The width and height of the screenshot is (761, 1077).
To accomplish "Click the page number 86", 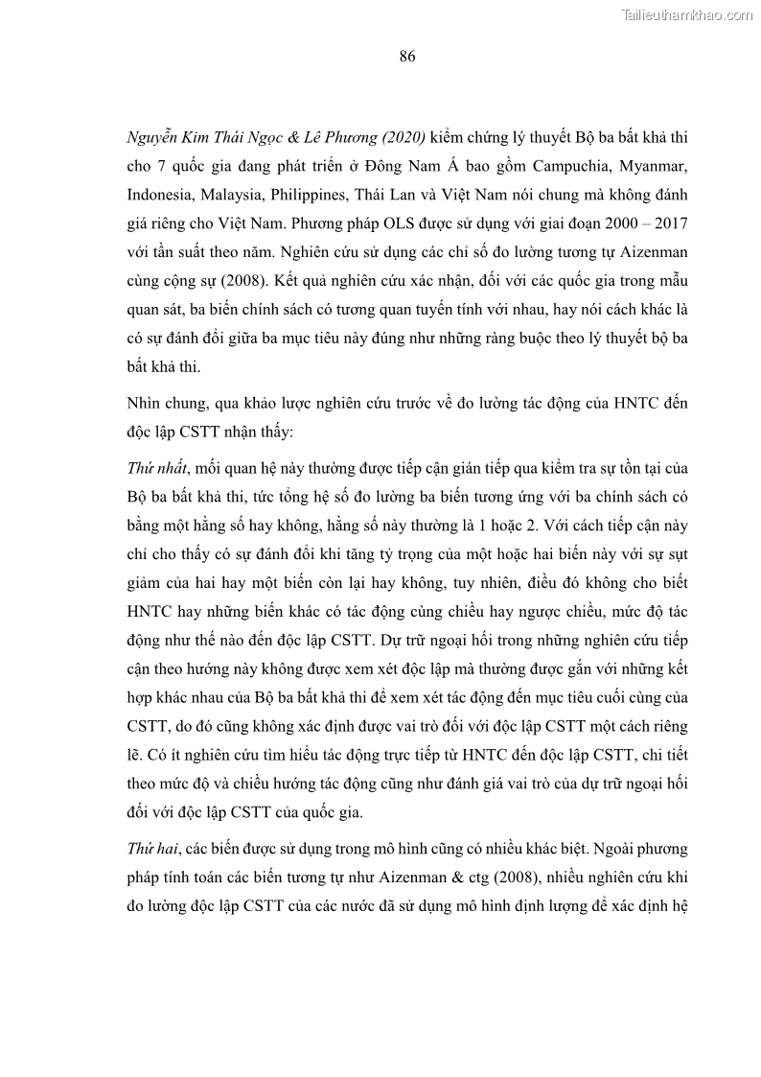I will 406,57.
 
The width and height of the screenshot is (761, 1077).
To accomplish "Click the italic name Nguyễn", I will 154,138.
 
